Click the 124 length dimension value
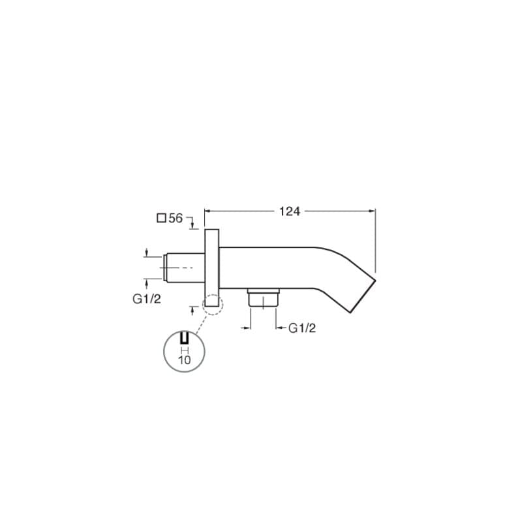pyautogui.click(x=289, y=211)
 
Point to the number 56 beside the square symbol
pyautogui.click(x=176, y=219)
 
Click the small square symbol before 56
pyautogui.click(x=161, y=218)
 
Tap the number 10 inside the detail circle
pyautogui.click(x=185, y=360)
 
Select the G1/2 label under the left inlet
pyautogui.click(x=146, y=299)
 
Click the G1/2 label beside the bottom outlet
pyautogui.click(x=302, y=328)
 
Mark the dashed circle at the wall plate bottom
pyautogui.click(x=213, y=304)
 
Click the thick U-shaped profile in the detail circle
pyautogui.click(x=185, y=337)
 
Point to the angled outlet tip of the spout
pyautogui.click(x=363, y=296)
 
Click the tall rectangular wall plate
pyautogui.click(x=211, y=268)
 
